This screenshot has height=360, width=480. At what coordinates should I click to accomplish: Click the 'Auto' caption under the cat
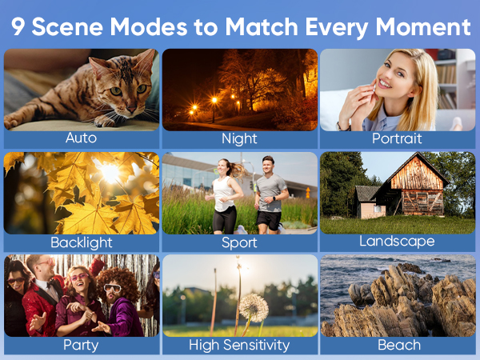(81, 138)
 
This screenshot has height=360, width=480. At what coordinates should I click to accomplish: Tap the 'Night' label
(239, 138)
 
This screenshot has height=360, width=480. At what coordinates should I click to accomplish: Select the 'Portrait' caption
(397, 138)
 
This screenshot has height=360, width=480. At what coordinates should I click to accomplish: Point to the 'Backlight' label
(81, 242)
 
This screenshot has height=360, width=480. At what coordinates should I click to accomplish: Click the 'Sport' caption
(239, 242)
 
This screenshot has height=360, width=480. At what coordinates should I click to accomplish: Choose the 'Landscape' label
(397, 241)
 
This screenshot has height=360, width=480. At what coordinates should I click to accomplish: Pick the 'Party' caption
(81, 345)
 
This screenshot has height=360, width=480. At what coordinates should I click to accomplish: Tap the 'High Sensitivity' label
(239, 345)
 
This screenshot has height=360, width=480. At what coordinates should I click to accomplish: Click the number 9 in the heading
(18, 27)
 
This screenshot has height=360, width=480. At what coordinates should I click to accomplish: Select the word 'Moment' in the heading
(422, 27)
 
